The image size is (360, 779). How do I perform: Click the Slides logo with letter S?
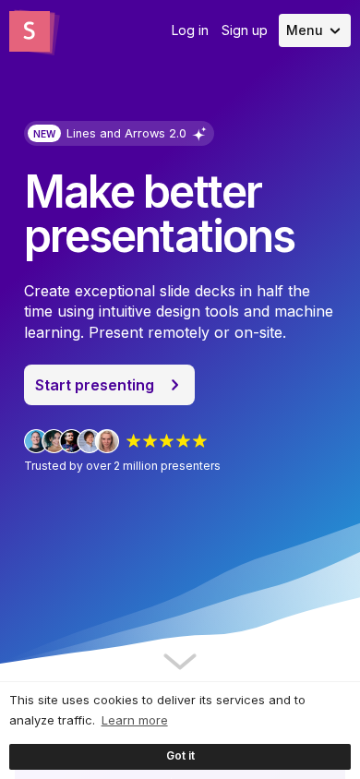point(33,31)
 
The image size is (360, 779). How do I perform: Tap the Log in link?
point(189,30)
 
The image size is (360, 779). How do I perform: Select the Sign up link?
point(245,30)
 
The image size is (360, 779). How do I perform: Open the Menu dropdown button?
point(315,30)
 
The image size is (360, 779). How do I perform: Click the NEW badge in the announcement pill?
point(44,134)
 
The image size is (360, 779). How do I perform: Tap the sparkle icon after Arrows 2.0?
point(199,134)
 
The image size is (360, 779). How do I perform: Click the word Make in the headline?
point(79,192)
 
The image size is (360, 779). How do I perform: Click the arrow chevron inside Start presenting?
point(174,385)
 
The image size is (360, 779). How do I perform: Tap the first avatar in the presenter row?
point(36,441)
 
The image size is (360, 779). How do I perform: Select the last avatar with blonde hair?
point(107,441)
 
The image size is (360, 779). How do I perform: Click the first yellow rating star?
point(133,441)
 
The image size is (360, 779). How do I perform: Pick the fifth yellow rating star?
point(199,441)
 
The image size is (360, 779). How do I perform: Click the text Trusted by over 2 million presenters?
point(122,466)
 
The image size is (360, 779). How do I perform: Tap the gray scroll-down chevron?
point(180,661)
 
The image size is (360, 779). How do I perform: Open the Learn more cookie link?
point(134,720)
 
